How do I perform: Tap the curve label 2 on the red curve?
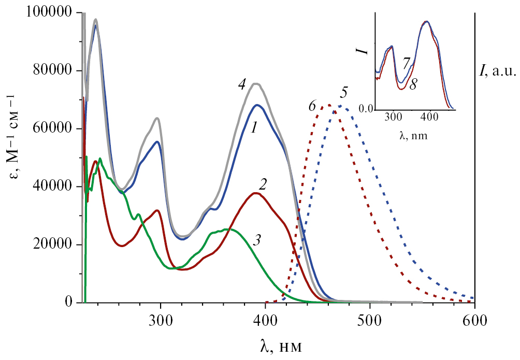click(x=263, y=184)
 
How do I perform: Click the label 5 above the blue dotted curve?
click(x=343, y=95)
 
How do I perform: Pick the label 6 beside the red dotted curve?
click(x=312, y=106)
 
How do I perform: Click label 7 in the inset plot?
click(x=407, y=62)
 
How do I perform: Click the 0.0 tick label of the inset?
click(x=366, y=110)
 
